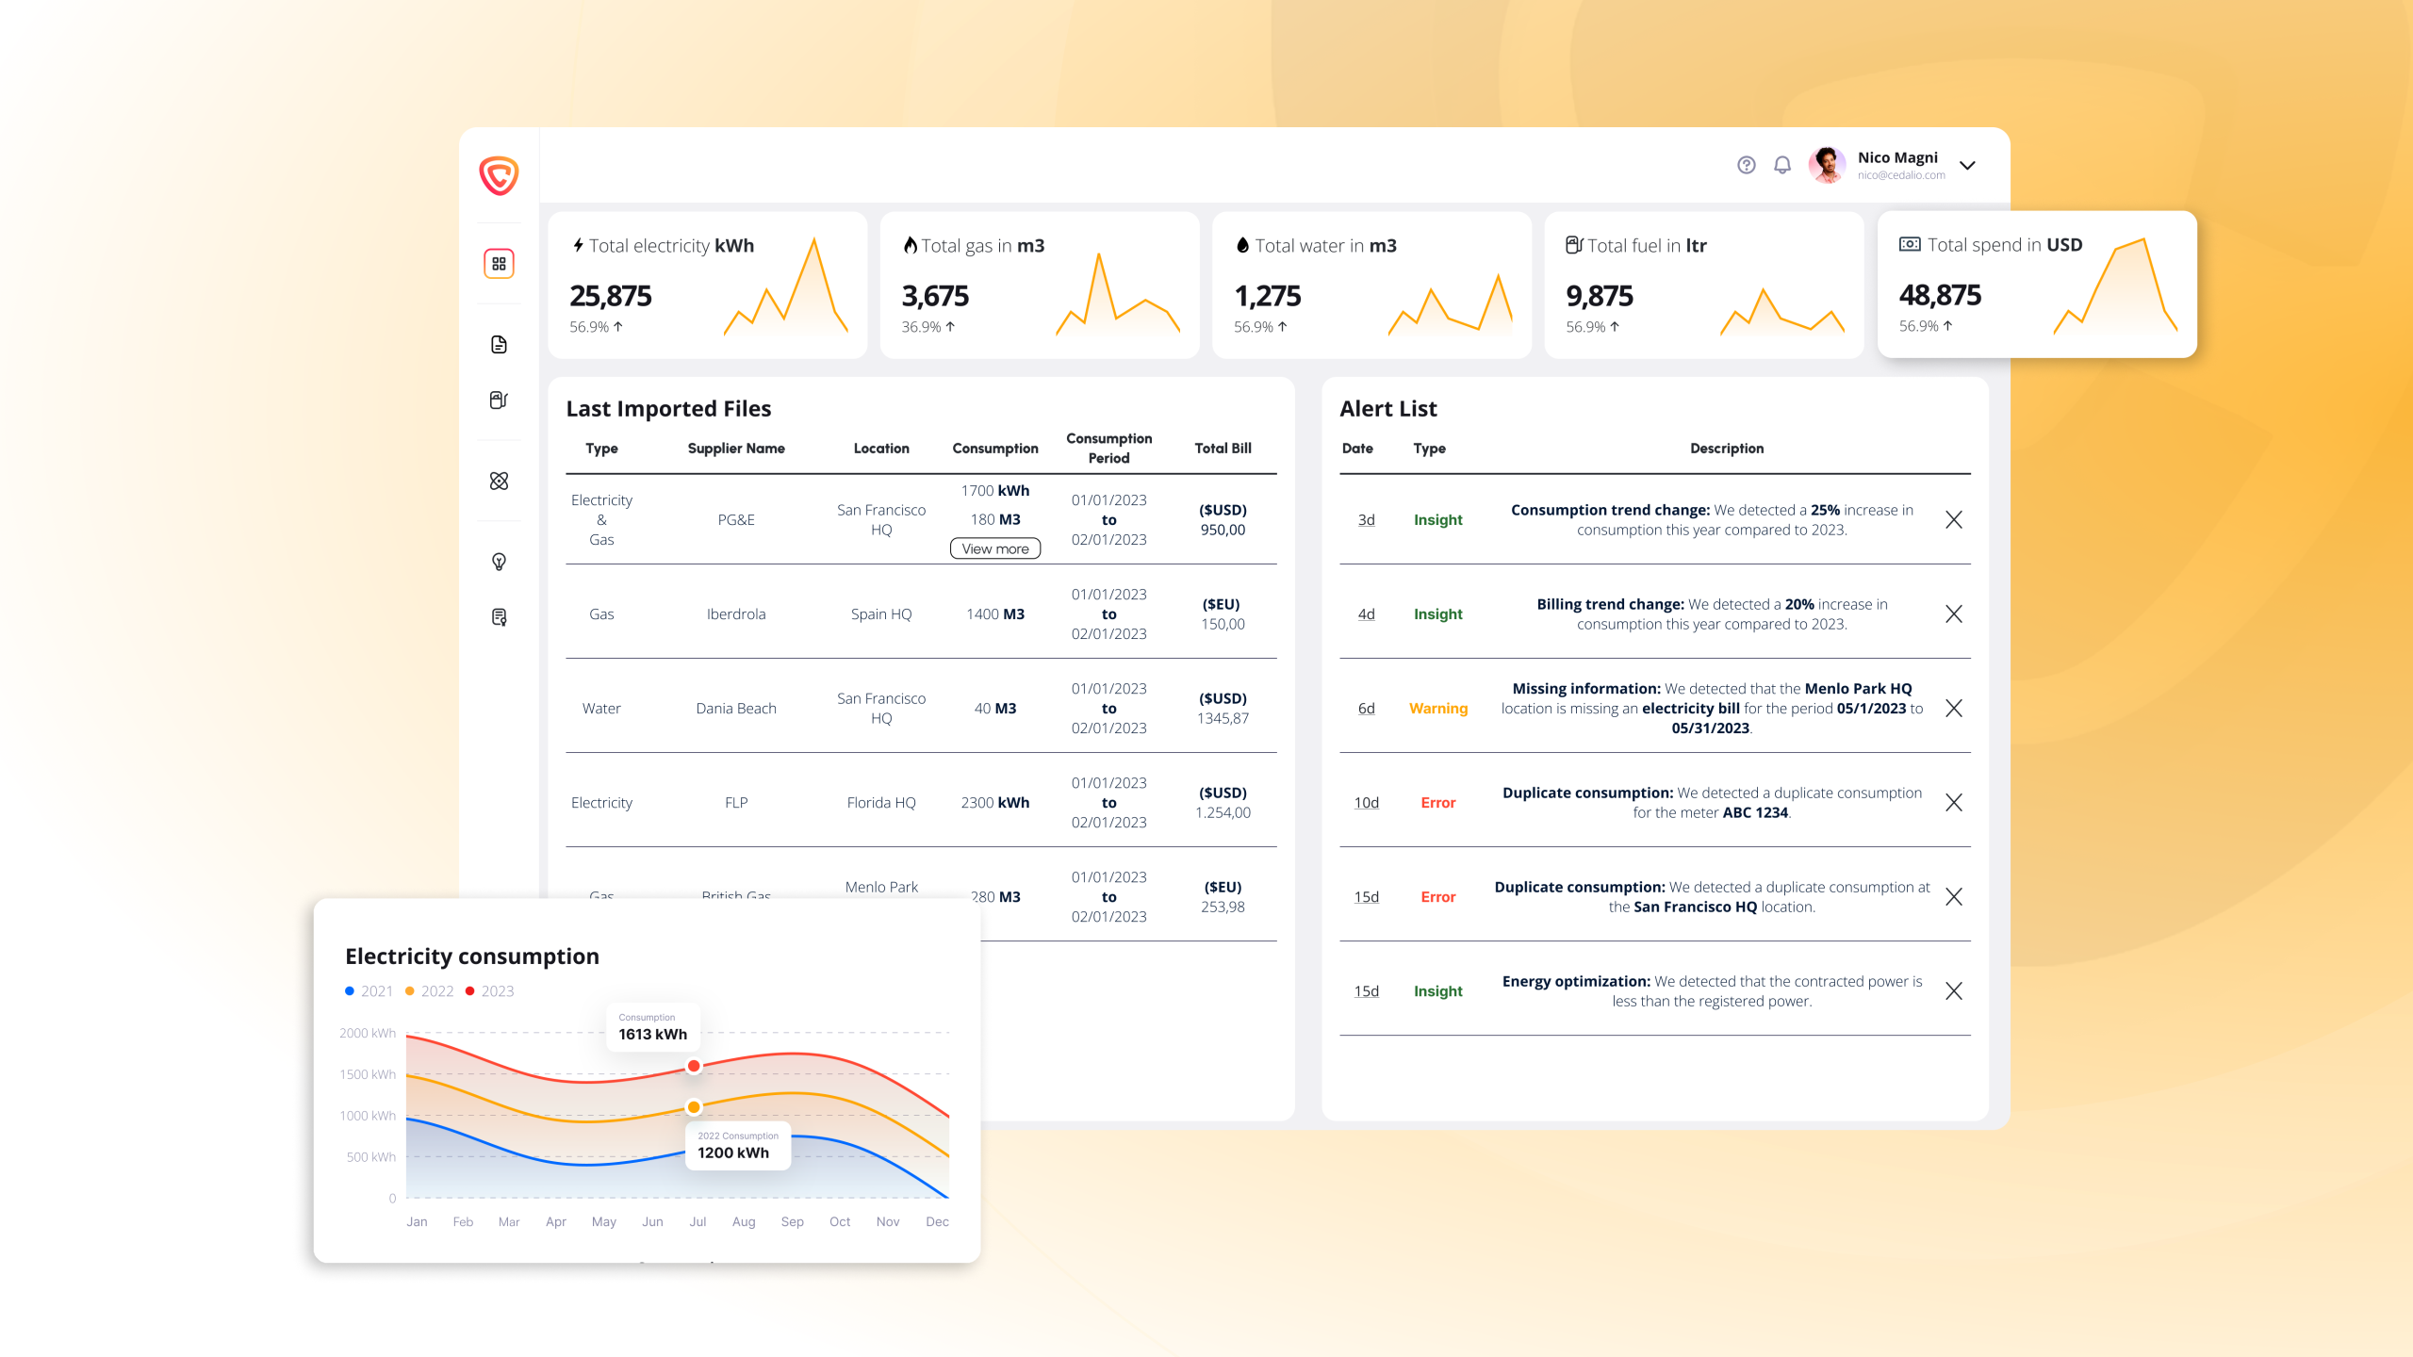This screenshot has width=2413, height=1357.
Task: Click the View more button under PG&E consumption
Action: coord(994,548)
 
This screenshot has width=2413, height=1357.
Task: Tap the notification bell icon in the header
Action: coord(1781,165)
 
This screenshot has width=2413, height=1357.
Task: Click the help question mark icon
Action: coord(1746,165)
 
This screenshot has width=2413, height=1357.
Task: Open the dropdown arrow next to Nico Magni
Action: coord(1967,166)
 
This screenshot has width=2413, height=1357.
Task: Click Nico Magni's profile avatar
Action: coord(1827,165)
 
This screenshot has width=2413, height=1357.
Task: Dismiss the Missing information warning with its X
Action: coord(1953,708)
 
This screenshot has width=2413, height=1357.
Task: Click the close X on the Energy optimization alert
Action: coord(1953,990)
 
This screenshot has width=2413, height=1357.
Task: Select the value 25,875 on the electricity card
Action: coord(610,296)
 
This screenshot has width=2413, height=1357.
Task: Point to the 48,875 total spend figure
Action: coord(1940,295)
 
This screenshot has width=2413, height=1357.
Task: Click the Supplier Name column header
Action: coord(735,449)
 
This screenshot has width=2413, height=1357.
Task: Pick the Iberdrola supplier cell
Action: coord(735,614)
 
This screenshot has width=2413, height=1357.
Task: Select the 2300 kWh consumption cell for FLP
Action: coord(994,803)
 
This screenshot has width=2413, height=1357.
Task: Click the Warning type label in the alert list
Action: coord(1437,709)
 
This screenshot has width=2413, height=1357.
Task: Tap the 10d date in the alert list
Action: coord(1366,803)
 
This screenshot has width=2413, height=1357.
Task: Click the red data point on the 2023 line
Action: coord(694,1066)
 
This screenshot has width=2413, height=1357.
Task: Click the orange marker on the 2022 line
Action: coord(694,1107)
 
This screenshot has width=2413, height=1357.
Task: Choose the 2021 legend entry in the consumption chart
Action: coord(369,991)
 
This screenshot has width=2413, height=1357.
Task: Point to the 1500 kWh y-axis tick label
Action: coord(368,1074)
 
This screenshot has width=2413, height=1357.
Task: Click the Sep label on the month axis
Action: coord(792,1221)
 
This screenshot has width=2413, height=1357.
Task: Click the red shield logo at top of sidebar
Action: coord(499,175)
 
